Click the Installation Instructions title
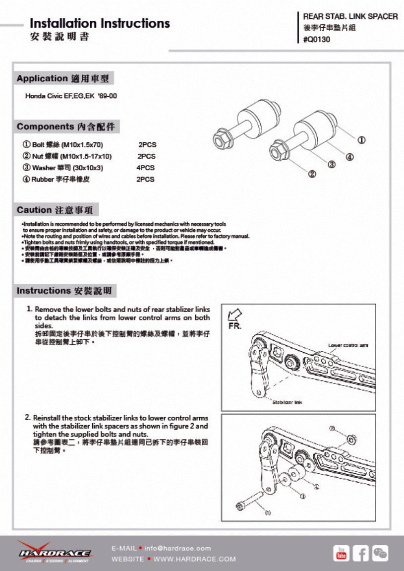click(100, 23)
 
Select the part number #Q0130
click(316, 40)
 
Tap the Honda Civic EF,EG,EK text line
click(71, 96)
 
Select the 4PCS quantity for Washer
click(145, 168)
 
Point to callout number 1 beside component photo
click(362, 140)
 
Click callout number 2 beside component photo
click(312, 174)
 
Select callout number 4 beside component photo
click(349, 157)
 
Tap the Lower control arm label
click(348, 345)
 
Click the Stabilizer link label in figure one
click(287, 402)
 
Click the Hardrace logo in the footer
click(55, 552)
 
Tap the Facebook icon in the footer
click(361, 553)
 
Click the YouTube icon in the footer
click(341, 553)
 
